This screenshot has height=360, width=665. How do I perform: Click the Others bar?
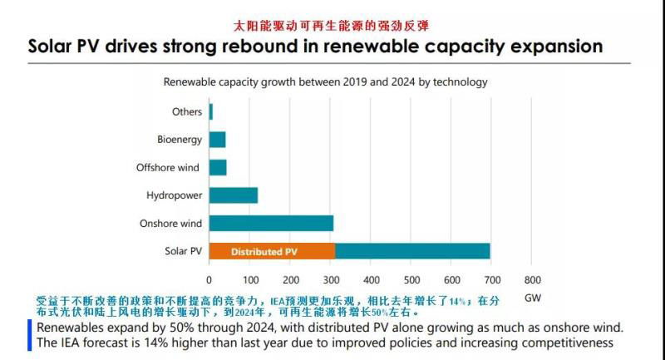(211, 111)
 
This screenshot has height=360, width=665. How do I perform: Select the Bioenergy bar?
(218, 140)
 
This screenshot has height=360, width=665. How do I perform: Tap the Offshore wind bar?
(218, 168)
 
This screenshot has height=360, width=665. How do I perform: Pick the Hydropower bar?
(234, 195)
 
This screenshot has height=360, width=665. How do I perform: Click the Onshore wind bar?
(271, 223)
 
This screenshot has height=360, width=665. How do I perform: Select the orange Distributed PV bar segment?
(272, 251)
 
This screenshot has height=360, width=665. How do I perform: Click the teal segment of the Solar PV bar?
(412, 251)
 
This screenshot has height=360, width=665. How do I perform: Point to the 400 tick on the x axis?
(371, 280)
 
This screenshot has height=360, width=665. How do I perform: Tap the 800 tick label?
(533, 280)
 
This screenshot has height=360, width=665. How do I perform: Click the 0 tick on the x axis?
(209, 280)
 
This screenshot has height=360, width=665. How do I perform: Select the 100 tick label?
(249, 280)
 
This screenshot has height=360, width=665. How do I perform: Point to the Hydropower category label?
(175, 195)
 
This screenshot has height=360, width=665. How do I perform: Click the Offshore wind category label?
(168, 168)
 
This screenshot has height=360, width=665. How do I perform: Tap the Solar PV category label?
(183, 251)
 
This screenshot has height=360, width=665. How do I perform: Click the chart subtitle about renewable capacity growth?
(325, 82)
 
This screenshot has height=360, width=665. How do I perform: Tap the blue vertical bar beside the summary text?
(29, 335)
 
